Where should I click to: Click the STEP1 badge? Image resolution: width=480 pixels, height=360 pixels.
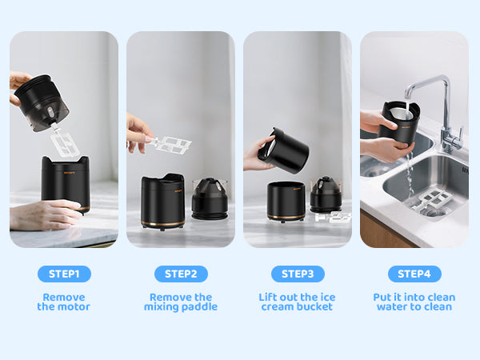coord(64,274)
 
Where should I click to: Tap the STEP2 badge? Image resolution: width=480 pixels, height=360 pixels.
coord(181,274)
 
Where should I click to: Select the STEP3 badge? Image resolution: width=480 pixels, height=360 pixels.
coord(298,274)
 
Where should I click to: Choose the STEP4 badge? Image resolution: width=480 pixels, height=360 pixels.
coord(414,274)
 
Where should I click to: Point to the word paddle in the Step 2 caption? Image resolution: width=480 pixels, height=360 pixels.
coord(199,306)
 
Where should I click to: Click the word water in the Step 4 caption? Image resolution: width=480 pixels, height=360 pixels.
coord(392,306)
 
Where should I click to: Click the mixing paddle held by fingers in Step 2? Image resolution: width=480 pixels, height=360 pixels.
coord(169,145)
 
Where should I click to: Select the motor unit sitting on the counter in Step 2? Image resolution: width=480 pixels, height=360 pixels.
coord(210,198)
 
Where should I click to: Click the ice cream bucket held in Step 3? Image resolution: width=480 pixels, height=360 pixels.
coord(283,150)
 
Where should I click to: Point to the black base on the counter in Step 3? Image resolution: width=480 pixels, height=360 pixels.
coord(286,202)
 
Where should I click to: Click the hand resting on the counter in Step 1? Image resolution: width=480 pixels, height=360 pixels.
coord(44,214)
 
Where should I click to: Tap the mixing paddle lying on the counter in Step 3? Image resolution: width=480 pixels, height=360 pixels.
coord(333,217)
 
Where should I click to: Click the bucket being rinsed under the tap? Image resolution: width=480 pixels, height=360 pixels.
coord(399,122)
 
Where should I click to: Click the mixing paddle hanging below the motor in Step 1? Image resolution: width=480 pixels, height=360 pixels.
coord(64,142)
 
